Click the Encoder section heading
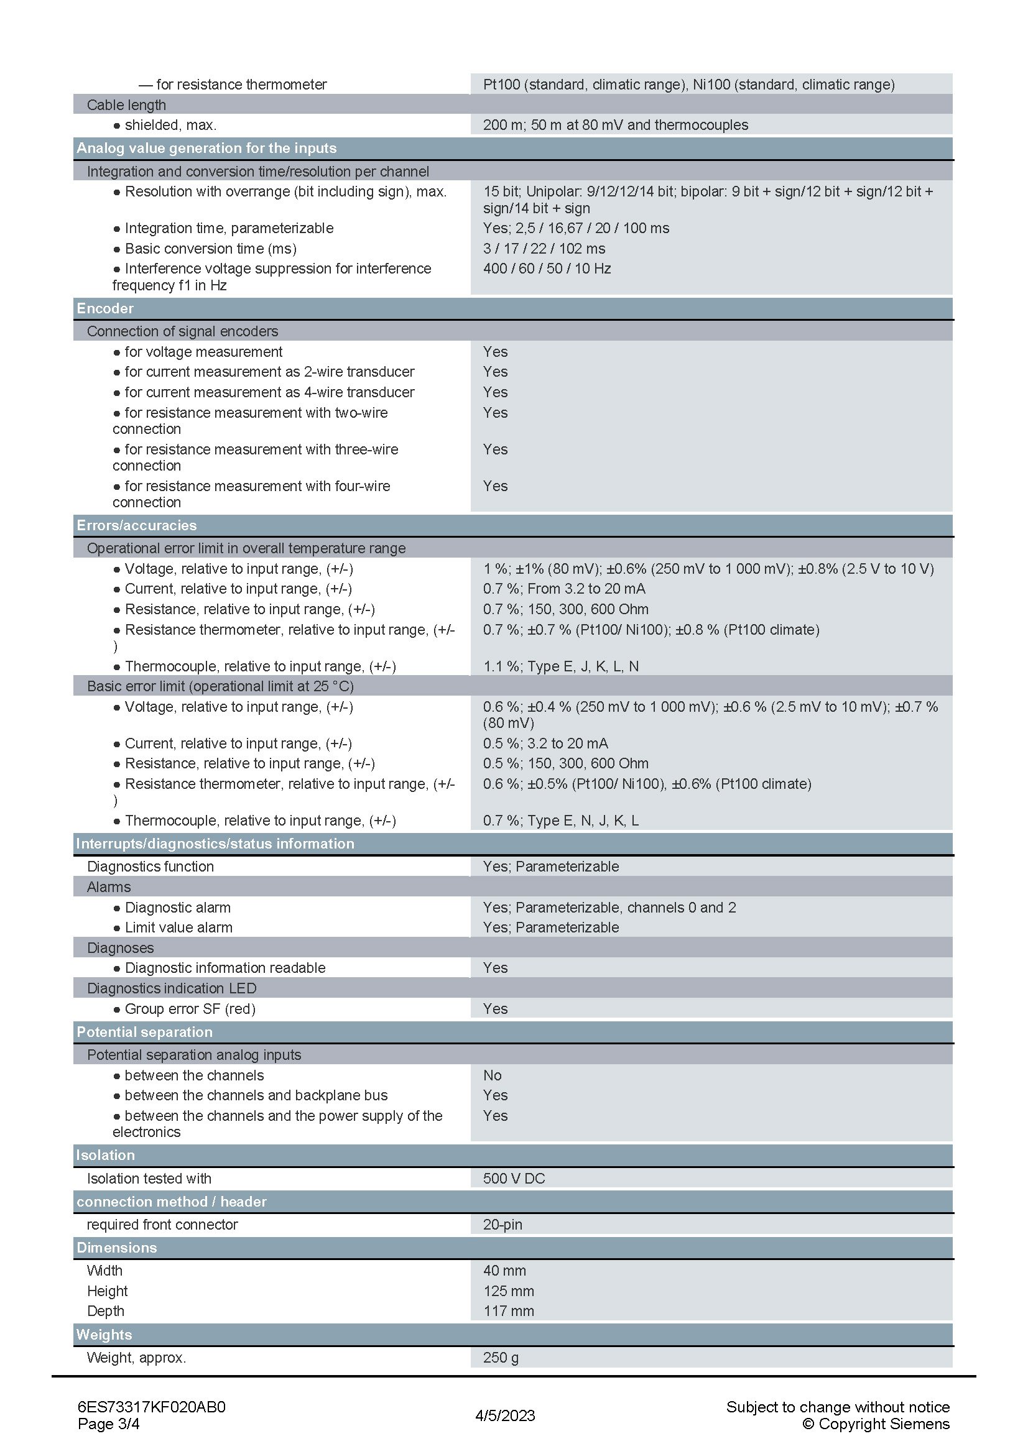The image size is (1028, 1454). coord(105,308)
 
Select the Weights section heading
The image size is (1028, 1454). coord(104,1334)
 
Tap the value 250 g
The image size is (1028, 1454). coord(501,1357)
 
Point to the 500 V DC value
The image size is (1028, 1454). coord(514,1178)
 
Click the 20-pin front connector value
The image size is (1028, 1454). coord(502,1224)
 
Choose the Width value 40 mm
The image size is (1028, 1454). coord(504,1271)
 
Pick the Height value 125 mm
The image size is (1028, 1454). coord(508,1291)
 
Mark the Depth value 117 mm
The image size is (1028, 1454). coord(508,1311)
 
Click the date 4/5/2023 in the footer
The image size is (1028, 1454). coord(505,1415)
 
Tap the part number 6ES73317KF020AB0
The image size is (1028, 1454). coord(151,1407)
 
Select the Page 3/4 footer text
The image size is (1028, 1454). coord(108,1424)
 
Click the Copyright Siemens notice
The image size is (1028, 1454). coord(876,1424)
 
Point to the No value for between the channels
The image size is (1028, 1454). coord(492,1075)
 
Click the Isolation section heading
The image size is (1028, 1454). coord(105,1155)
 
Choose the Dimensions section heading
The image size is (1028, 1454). coord(116,1248)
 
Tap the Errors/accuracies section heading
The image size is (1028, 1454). coord(137,525)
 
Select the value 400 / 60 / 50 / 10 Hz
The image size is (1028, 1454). coord(547,269)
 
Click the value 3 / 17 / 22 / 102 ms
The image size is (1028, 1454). coord(544,248)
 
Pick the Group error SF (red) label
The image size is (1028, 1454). coord(190,1008)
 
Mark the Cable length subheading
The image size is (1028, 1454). coord(126,104)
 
